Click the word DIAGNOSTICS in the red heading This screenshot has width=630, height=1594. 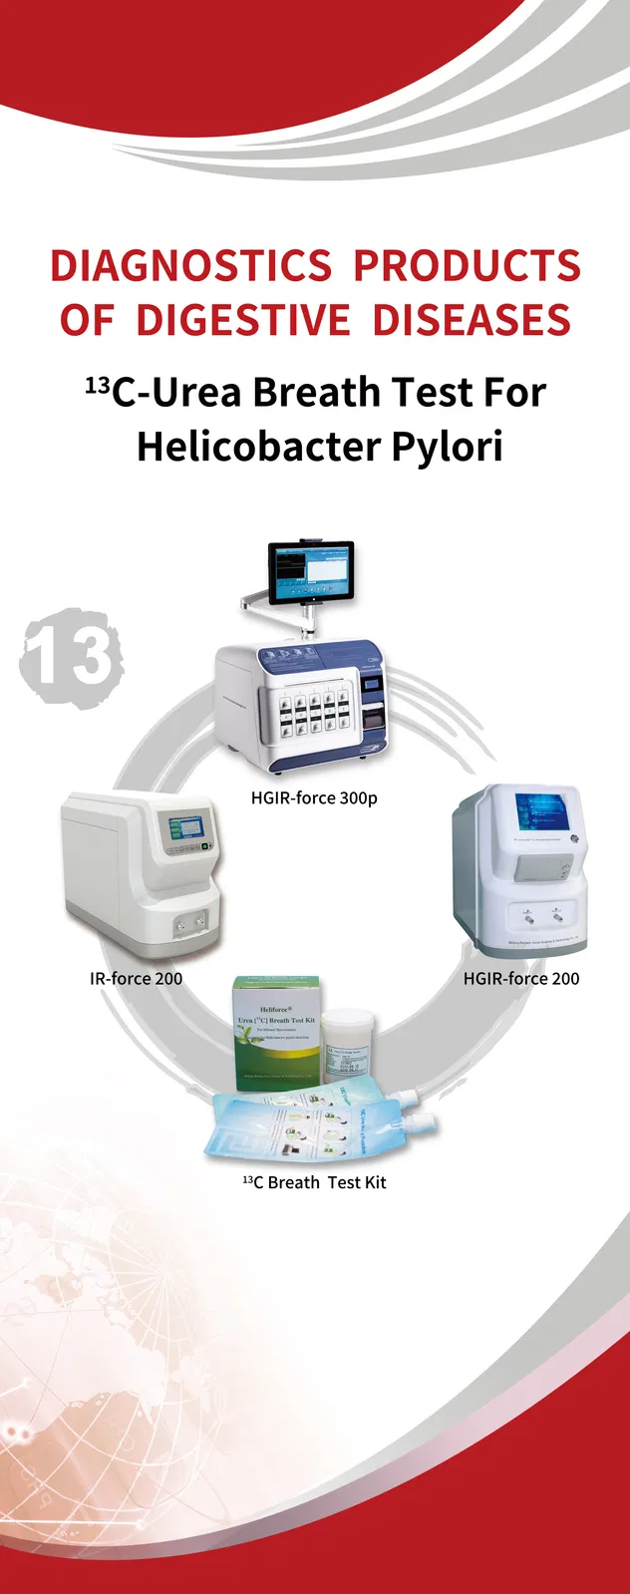(190, 266)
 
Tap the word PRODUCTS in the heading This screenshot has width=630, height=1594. (467, 266)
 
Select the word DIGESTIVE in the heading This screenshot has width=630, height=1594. (242, 321)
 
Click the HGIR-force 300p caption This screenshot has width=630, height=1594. (314, 797)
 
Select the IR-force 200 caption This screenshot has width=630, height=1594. (137, 978)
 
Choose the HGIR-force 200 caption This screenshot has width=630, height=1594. (520, 978)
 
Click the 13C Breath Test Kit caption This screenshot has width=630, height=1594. (314, 1182)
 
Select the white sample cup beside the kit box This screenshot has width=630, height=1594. (348, 1048)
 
